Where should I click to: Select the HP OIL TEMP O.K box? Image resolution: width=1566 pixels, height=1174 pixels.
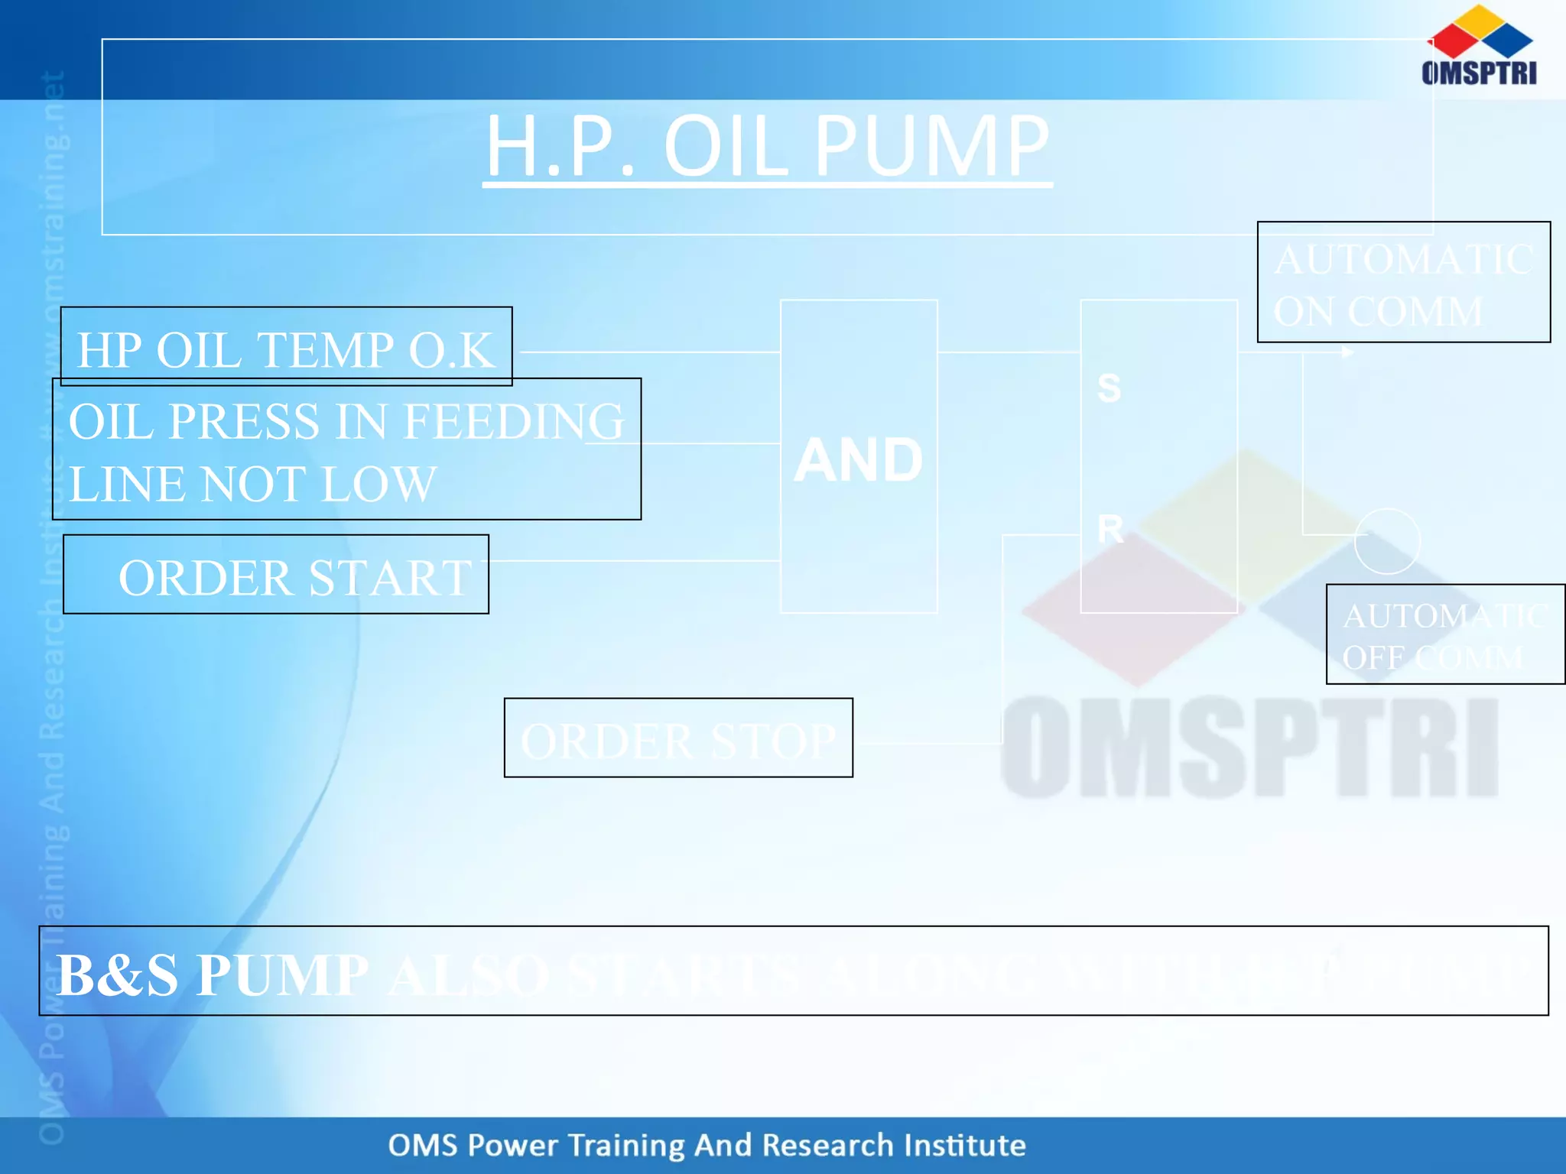(x=286, y=348)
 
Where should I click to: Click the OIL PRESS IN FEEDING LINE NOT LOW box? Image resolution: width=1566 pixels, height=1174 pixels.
(x=346, y=449)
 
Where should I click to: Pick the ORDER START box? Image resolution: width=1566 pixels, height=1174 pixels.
(x=276, y=575)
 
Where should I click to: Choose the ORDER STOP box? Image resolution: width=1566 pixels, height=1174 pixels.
(x=678, y=738)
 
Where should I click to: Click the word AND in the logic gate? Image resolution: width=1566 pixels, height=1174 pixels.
(x=858, y=460)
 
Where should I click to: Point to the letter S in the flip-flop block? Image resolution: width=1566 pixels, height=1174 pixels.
(x=1109, y=388)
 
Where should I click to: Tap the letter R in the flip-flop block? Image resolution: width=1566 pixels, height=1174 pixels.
(x=1110, y=529)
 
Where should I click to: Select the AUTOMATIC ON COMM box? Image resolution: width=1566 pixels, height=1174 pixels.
(x=1404, y=283)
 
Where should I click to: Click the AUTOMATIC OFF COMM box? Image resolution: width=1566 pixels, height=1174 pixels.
(x=1445, y=634)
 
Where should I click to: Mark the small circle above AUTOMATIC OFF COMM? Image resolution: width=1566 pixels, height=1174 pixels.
(x=1387, y=541)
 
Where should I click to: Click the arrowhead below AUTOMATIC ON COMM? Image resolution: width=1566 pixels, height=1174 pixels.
(x=1348, y=352)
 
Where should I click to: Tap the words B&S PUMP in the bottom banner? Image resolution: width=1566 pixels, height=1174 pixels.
(x=213, y=975)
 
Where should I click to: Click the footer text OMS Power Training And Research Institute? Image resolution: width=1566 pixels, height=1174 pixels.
(x=707, y=1145)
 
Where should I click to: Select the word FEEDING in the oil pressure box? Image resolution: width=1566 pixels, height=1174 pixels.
(x=514, y=421)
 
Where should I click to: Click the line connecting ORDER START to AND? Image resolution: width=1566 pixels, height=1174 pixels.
(x=635, y=561)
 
